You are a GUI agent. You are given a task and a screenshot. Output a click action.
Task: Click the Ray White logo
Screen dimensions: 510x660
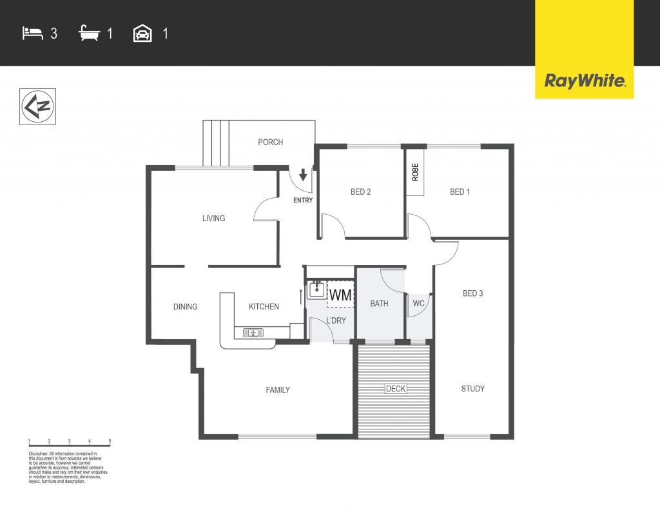[584, 81]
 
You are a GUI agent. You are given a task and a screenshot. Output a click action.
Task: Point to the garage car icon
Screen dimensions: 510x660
[142, 34]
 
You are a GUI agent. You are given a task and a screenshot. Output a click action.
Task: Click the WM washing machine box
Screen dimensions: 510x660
[341, 295]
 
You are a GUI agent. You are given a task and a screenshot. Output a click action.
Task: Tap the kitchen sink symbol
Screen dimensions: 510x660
[253, 333]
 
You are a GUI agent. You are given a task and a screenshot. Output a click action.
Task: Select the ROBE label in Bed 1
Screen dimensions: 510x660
[416, 172]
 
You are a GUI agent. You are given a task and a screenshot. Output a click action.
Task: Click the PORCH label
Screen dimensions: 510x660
[270, 142]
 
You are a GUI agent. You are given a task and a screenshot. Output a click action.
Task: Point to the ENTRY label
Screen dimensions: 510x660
[303, 201]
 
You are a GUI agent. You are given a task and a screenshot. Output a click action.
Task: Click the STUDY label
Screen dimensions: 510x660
[473, 389]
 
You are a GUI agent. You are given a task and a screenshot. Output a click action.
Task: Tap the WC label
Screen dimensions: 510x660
[418, 303]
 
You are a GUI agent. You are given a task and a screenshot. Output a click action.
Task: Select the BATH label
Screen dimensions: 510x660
[379, 303]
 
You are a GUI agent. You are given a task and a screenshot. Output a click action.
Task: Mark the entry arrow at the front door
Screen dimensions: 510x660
[303, 175]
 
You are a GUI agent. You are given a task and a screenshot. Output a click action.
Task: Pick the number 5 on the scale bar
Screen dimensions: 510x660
[110, 441]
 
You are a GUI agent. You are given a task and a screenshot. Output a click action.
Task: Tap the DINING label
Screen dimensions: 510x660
[185, 307]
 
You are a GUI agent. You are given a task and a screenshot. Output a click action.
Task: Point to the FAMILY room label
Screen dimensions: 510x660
[278, 389]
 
